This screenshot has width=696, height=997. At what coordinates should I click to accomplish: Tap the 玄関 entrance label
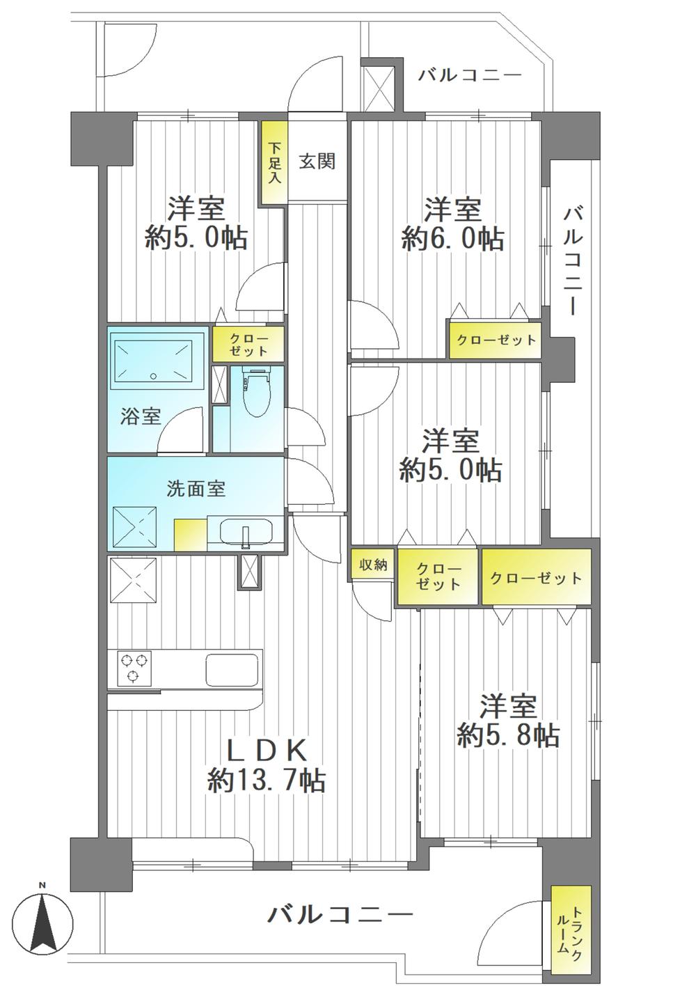click(x=317, y=162)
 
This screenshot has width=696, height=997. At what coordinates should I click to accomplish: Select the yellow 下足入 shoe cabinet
click(x=274, y=163)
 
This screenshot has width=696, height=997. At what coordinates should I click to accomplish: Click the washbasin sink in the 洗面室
click(x=246, y=533)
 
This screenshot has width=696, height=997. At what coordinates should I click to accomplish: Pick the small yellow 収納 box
click(x=373, y=565)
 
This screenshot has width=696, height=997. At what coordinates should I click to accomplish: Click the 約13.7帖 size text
click(x=266, y=780)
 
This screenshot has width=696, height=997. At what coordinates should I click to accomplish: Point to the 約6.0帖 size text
click(x=452, y=239)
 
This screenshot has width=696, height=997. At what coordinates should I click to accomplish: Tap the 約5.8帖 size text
click(x=508, y=735)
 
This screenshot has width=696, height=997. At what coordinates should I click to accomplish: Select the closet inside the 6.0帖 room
click(x=495, y=340)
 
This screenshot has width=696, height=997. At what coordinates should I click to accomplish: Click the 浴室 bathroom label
click(x=141, y=416)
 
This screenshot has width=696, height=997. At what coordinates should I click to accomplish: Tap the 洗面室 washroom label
click(x=196, y=488)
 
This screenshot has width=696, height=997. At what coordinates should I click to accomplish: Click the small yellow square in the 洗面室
click(x=190, y=535)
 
